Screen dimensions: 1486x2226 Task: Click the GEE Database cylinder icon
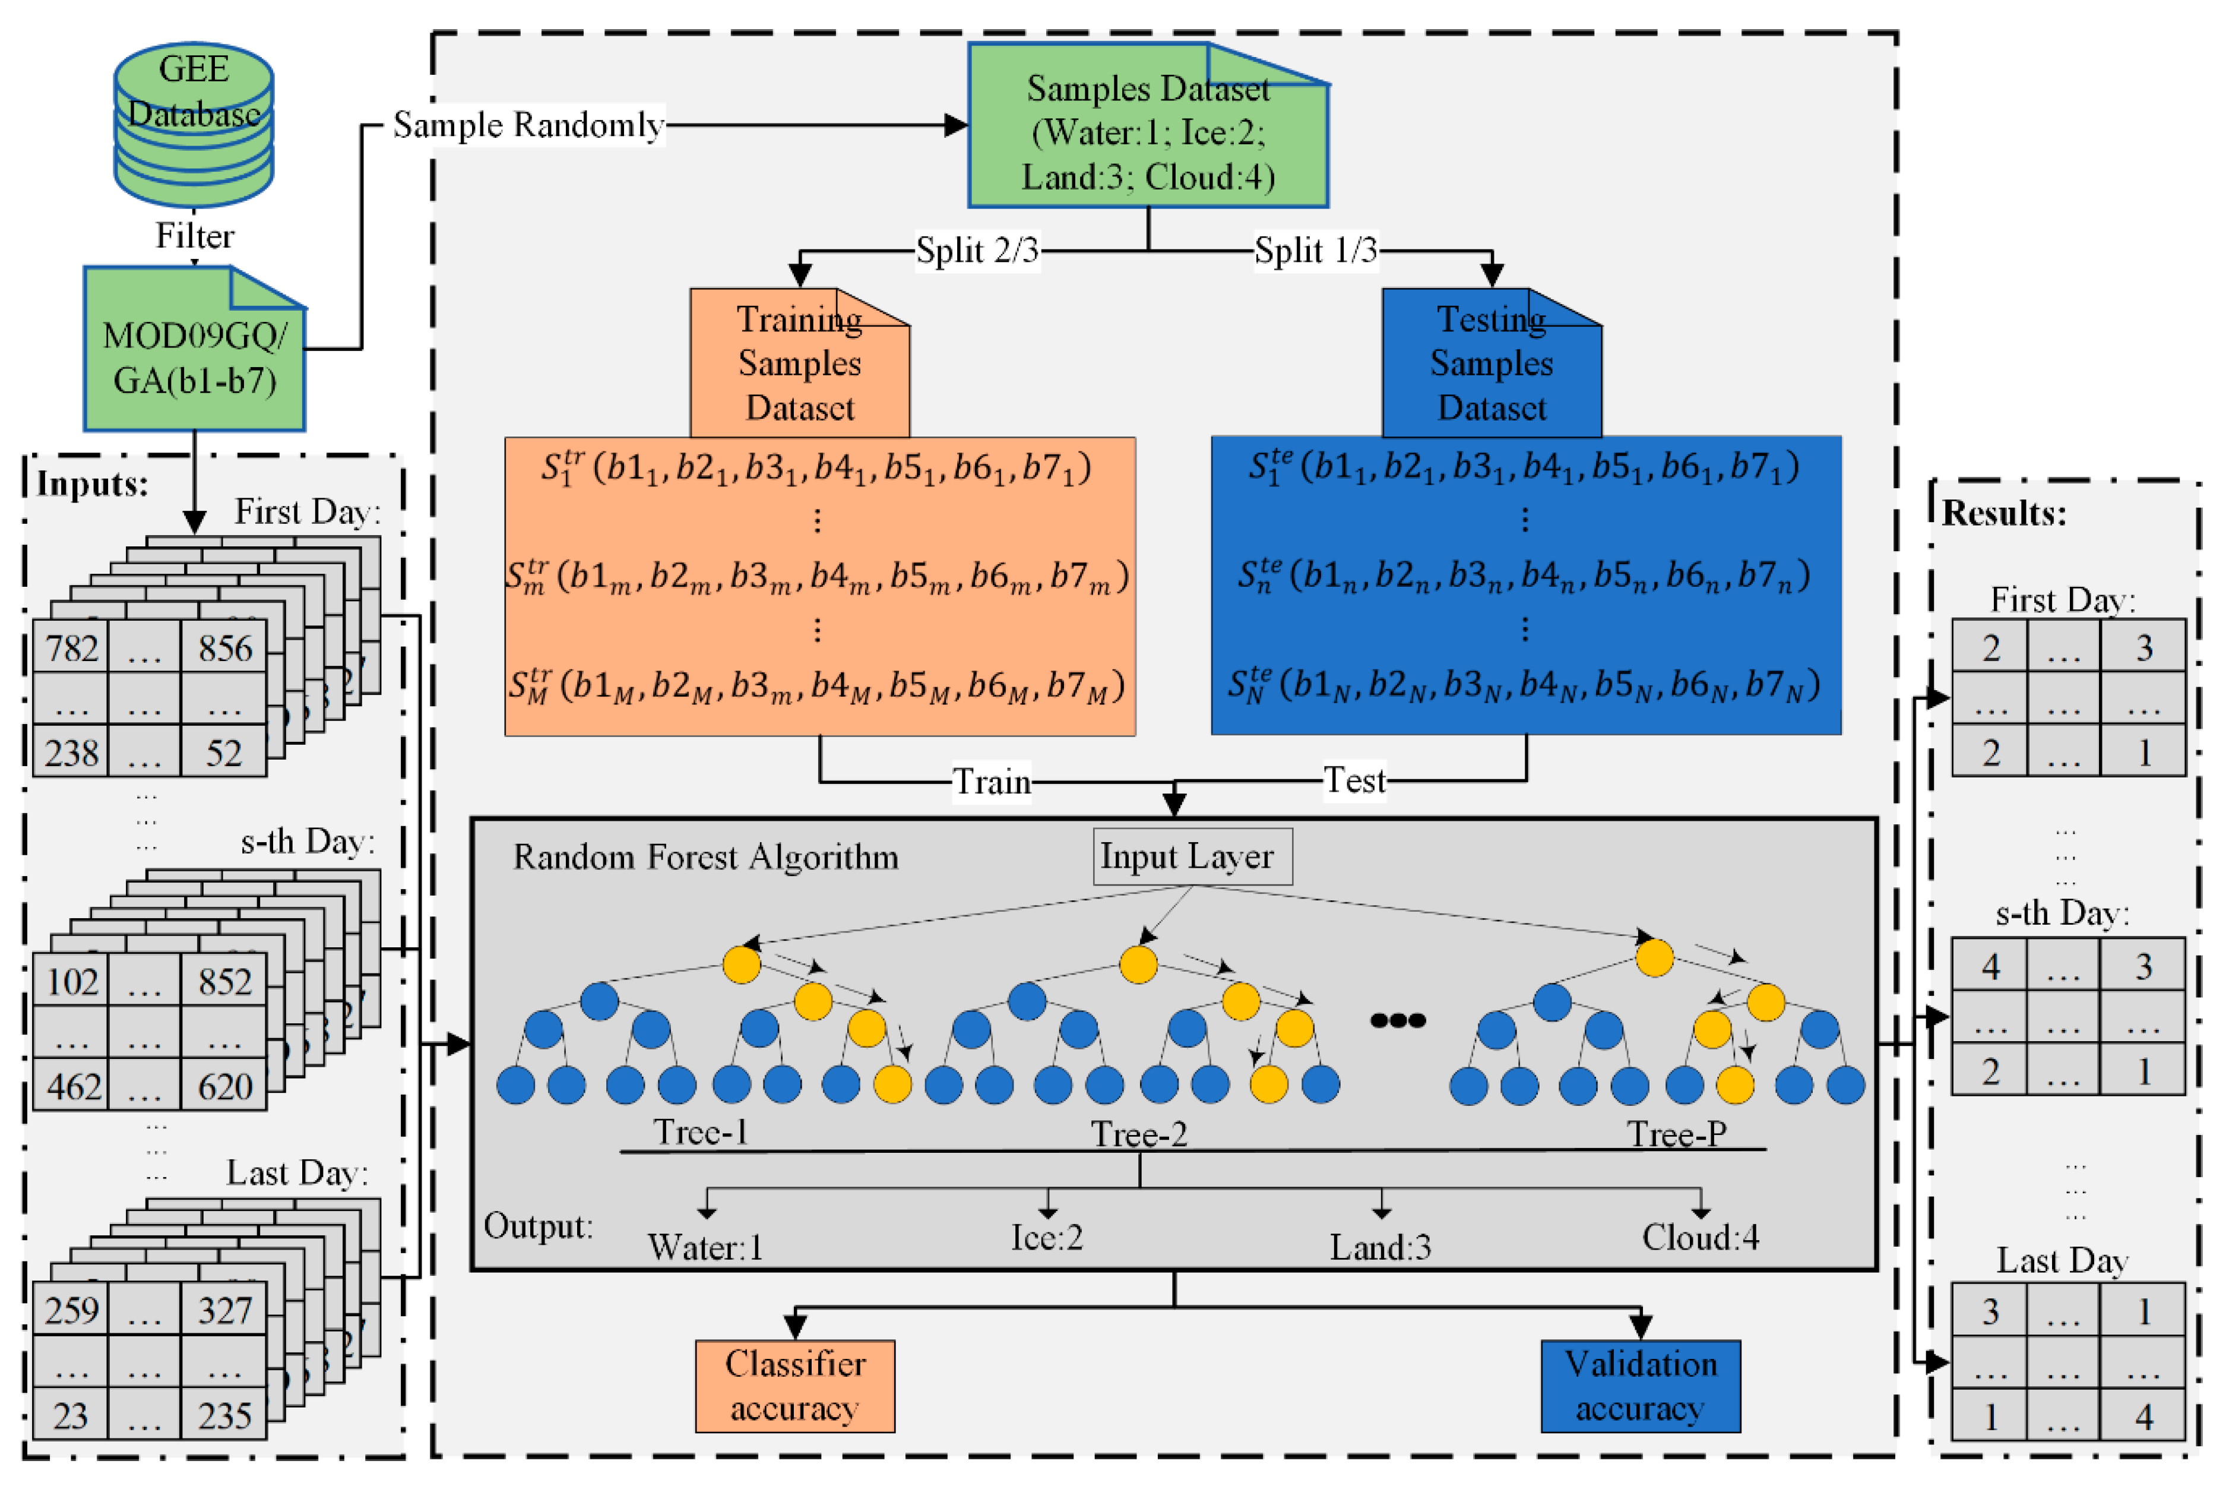click(x=194, y=123)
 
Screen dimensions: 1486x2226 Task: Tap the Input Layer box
click(x=1192, y=856)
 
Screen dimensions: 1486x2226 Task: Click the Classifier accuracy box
click(x=794, y=1386)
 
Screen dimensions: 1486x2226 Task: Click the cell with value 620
click(x=224, y=1087)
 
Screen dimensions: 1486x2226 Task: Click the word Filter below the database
click(x=194, y=236)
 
